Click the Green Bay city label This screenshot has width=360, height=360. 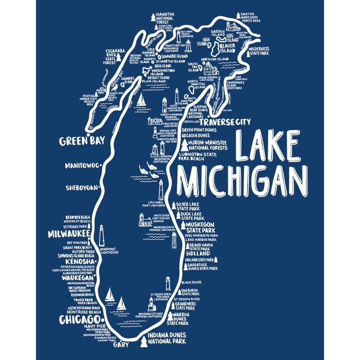82,140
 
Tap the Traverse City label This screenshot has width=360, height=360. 225,121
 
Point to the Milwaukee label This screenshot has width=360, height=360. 68,233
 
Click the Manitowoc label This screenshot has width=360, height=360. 82,165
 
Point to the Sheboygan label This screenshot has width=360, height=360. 82,188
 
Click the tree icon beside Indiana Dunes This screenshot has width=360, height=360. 144,342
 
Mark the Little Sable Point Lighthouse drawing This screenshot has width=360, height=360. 161,189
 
